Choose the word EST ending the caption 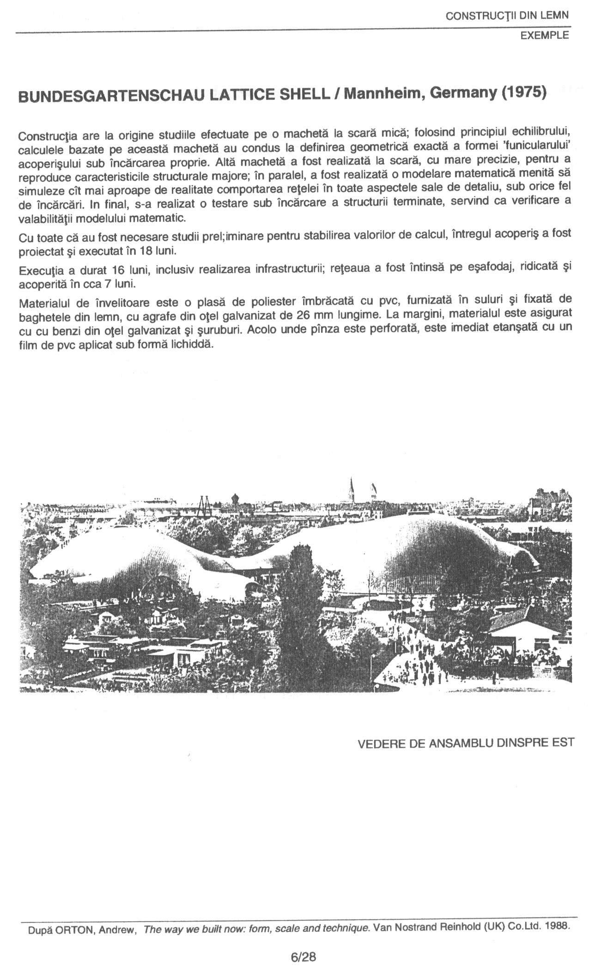tap(563, 743)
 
